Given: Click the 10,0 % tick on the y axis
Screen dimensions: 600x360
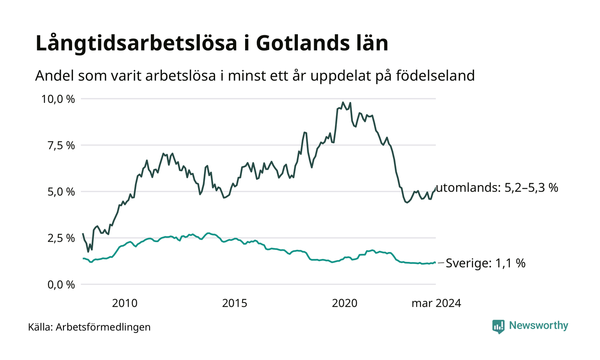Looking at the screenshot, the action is click(x=58, y=99).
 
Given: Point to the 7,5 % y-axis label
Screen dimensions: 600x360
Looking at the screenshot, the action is click(x=61, y=146).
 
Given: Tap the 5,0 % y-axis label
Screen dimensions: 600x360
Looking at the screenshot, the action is click(x=61, y=192).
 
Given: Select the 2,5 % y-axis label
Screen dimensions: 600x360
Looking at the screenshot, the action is click(x=61, y=238).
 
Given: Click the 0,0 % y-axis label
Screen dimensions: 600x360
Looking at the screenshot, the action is click(x=61, y=285).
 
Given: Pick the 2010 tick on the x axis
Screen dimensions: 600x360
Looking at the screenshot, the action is click(x=125, y=303).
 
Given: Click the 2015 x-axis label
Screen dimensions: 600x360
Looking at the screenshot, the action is click(x=235, y=303).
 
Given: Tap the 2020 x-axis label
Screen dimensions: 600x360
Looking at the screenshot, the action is click(x=345, y=303).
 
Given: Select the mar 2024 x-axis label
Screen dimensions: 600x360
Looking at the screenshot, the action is click(x=436, y=303).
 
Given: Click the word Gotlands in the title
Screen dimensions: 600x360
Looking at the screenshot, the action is click(x=303, y=43).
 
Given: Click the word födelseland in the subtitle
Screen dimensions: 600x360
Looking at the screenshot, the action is click(x=435, y=75).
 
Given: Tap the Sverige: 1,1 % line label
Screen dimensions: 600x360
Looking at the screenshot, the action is click(x=486, y=263).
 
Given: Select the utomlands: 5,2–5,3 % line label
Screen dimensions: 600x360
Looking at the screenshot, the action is click(x=497, y=188).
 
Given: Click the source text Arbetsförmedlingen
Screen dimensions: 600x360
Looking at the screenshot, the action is click(x=103, y=327).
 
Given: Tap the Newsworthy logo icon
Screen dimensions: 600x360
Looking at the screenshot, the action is click(x=498, y=327).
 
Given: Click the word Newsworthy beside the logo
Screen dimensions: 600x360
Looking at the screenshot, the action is click(x=538, y=326).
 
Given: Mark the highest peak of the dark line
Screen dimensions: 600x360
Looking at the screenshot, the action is click(x=343, y=102).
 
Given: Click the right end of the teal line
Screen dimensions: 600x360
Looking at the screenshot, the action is click(x=435, y=262).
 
